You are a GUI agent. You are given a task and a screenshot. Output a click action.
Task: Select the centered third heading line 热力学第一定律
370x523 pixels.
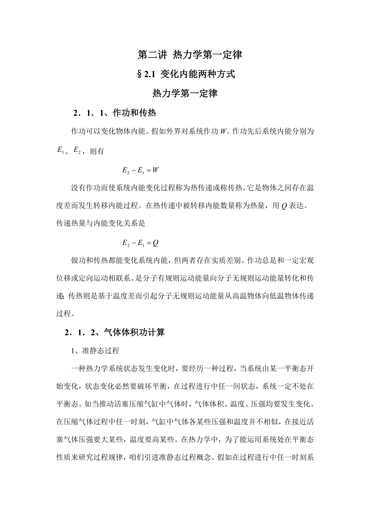(185, 94)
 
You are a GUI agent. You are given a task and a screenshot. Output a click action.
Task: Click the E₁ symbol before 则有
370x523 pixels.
(61, 151)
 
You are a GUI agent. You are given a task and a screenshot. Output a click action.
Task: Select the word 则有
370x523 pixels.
(97, 151)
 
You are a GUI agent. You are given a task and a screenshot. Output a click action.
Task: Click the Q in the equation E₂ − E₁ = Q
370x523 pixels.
(156, 243)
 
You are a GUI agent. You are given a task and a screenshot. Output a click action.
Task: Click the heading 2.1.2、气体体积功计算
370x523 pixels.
(115, 333)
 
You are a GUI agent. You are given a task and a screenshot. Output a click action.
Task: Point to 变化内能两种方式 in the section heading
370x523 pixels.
(197, 74)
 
